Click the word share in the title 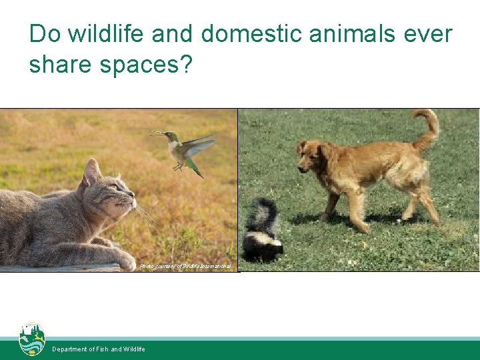tap(60, 64)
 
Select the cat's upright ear tap(91, 172)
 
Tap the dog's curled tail tap(425, 127)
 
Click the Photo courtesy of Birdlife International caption tap(185, 267)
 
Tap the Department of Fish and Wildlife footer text tap(98, 349)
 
